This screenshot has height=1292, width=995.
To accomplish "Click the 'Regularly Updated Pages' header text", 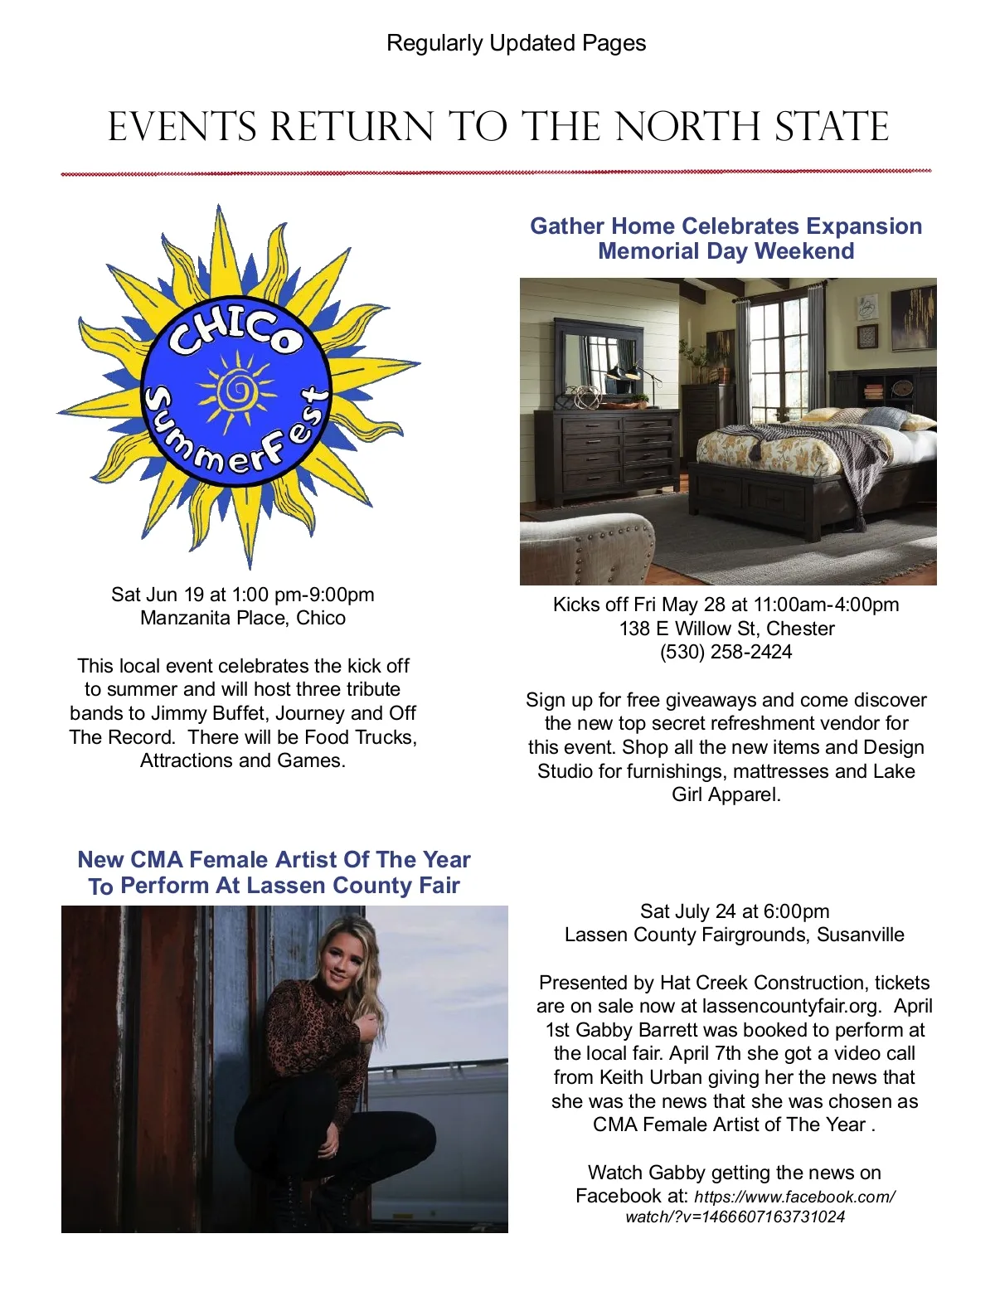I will pyautogui.click(x=516, y=43).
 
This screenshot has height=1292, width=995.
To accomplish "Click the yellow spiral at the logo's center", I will pyautogui.click(x=238, y=386).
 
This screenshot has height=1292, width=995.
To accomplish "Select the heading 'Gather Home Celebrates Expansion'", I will pyautogui.click(x=726, y=226).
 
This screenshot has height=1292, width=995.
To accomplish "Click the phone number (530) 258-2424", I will pyautogui.click(x=726, y=652).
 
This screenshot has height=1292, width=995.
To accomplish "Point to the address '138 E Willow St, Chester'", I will pyautogui.click(x=726, y=629).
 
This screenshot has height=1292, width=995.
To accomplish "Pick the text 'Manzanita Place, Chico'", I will pyautogui.click(x=243, y=618).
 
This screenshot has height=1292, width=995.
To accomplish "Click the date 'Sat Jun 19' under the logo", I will pyautogui.click(x=158, y=595).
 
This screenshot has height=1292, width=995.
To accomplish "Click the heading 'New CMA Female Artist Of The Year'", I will pyautogui.click(x=274, y=859).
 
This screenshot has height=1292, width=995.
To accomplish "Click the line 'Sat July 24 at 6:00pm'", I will pyautogui.click(x=734, y=911).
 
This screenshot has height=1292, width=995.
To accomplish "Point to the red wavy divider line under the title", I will pyautogui.click(x=496, y=173).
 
